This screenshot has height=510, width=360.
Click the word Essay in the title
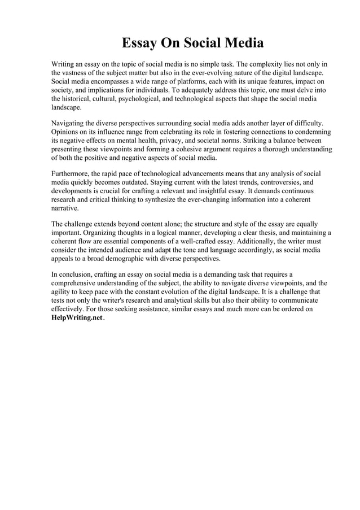[141, 43]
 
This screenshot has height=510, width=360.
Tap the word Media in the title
[242, 43]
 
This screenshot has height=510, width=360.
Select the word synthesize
[166, 199]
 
